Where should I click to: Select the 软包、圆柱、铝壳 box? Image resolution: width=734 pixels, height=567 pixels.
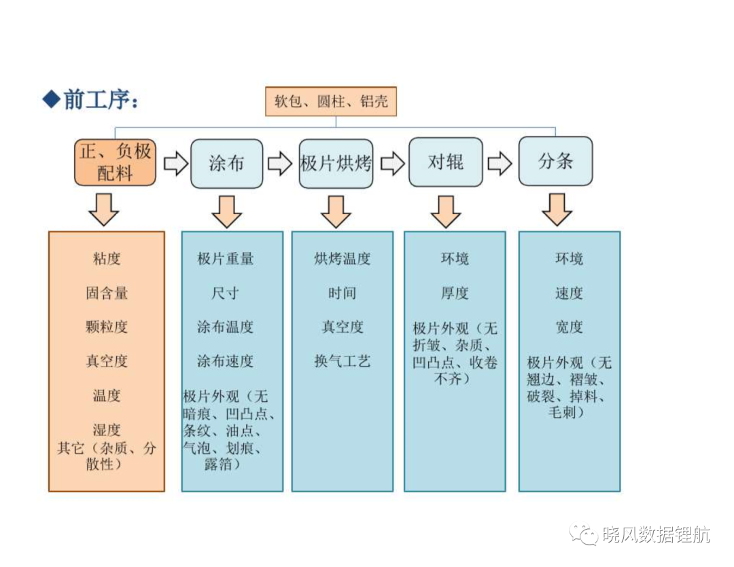[331, 101]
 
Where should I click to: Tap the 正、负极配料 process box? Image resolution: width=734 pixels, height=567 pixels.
[115, 162]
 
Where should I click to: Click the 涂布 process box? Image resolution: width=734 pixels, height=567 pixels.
[226, 163]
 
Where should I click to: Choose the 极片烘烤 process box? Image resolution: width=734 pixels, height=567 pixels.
[336, 163]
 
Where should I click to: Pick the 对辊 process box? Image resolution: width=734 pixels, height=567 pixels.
[446, 162]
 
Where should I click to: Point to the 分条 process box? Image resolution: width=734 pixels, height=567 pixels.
[556, 161]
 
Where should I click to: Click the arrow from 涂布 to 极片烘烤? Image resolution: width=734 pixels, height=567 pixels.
[280, 164]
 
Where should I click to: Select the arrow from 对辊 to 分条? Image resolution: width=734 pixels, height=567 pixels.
[500, 163]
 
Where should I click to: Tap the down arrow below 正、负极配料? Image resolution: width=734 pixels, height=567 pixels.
[104, 210]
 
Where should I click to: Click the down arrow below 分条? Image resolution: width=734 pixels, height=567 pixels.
[557, 210]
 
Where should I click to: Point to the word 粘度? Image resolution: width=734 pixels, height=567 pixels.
[107, 258]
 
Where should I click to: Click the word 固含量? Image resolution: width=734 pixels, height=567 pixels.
[107, 293]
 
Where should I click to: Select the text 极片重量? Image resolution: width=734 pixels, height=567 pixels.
[225, 258]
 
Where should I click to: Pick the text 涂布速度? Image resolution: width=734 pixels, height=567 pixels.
[225, 361]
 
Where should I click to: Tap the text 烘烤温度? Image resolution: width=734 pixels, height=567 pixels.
[342, 258]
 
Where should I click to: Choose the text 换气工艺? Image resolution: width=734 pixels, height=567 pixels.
[342, 361]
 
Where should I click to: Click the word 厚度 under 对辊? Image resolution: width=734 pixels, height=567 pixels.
[455, 293]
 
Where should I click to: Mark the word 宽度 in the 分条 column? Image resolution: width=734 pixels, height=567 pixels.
[570, 327]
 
